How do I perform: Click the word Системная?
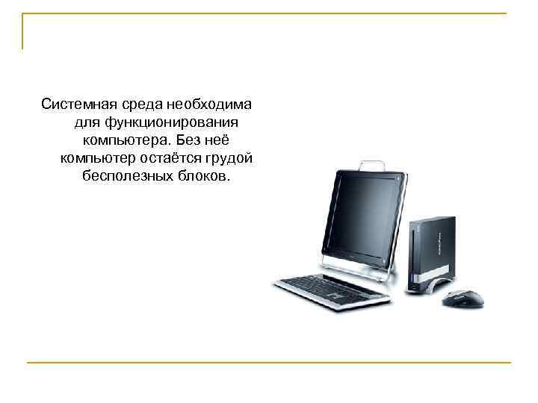[x=76, y=102]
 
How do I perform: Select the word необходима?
[x=217, y=102]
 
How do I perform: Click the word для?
[x=87, y=121]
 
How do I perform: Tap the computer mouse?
[x=463, y=299]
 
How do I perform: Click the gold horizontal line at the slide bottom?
[x=269, y=363]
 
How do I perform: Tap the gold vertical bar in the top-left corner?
[x=23, y=31]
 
